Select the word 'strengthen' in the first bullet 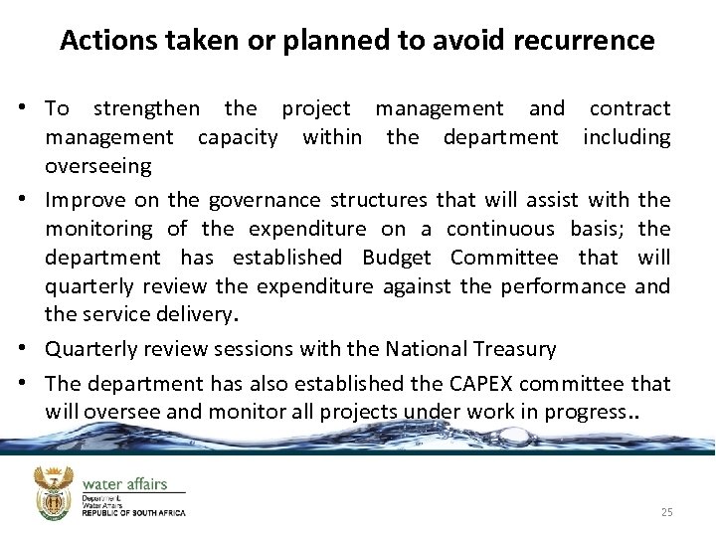point(146,108)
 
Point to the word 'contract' point(629,108)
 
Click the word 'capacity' point(238,137)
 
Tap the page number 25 point(666,512)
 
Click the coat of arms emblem point(55,494)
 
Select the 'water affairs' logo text point(124,484)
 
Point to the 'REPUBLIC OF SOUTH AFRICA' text point(133,513)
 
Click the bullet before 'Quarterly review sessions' point(32,349)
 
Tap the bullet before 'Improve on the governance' point(32,200)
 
